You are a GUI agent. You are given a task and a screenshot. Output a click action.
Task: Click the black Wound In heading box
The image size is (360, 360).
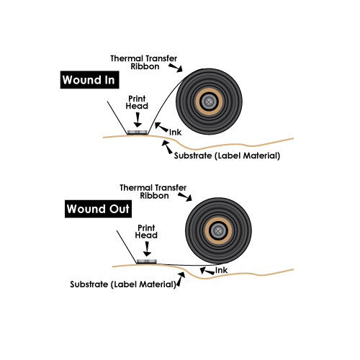pos(89,80)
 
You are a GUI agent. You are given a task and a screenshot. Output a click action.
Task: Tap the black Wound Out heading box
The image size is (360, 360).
pos(98,209)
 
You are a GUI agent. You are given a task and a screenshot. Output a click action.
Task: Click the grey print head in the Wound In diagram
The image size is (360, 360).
pos(137,132)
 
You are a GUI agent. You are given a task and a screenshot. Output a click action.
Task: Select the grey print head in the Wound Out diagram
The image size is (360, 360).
pos(147,261)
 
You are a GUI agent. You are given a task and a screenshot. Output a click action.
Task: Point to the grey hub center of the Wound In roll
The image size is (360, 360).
pos(209,102)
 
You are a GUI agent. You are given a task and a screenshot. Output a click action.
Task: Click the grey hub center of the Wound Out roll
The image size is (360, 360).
pos(218,231)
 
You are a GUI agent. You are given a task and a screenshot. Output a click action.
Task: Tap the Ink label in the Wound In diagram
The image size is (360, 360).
pos(176,132)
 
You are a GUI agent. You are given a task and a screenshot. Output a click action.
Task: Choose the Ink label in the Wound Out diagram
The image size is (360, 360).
pos(221,270)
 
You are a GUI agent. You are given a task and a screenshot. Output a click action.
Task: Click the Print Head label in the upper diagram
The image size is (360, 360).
pos(137,102)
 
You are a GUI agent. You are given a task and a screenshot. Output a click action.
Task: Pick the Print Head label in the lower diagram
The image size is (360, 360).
pos(146,231)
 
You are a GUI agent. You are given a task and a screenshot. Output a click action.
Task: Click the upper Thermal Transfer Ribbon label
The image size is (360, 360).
pos(144,63)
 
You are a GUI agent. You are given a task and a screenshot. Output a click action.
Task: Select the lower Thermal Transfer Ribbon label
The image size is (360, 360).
pos(153,192)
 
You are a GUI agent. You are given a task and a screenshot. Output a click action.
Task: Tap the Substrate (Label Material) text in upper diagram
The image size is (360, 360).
pos(227,156)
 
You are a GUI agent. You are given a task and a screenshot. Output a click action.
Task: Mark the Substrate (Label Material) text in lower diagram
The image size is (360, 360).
pos(123,284)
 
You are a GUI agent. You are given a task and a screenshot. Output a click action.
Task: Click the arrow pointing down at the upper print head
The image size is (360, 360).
pos(138,120)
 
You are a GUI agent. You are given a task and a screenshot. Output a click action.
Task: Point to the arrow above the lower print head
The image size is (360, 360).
pos(147,249)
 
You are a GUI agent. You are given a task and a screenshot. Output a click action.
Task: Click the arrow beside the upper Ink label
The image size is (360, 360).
pos(161,127)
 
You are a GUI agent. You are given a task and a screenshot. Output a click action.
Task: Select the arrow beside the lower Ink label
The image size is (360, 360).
pos(207,271)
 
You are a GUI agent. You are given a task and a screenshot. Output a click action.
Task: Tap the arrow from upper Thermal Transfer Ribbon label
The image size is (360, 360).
pos(176,68)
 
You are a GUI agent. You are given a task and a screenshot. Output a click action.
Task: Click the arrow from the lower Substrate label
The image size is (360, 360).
pos(181,279)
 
